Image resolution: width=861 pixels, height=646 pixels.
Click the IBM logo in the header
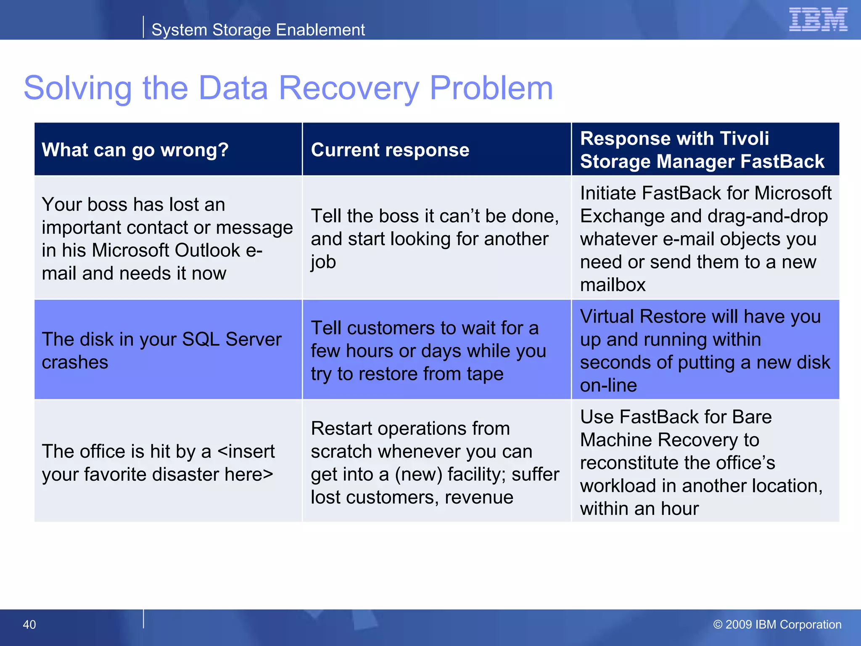[818, 20]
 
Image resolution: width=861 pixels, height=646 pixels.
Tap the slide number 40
[29, 625]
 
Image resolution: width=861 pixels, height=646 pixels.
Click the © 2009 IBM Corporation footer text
[777, 625]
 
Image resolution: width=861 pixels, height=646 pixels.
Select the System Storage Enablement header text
[258, 30]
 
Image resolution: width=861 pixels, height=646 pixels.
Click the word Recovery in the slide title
[349, 88]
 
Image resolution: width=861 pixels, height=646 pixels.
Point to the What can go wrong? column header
[135, 150]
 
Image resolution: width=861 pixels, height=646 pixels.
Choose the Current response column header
[390, 150]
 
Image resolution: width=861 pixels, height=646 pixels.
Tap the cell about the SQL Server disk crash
[161, 350]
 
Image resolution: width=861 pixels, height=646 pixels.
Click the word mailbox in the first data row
[613, 285]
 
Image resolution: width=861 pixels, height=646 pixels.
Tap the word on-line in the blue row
[608, 385]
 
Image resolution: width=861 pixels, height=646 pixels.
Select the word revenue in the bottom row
[479, 497]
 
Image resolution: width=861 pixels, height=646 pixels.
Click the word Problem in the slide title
[491, 88]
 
